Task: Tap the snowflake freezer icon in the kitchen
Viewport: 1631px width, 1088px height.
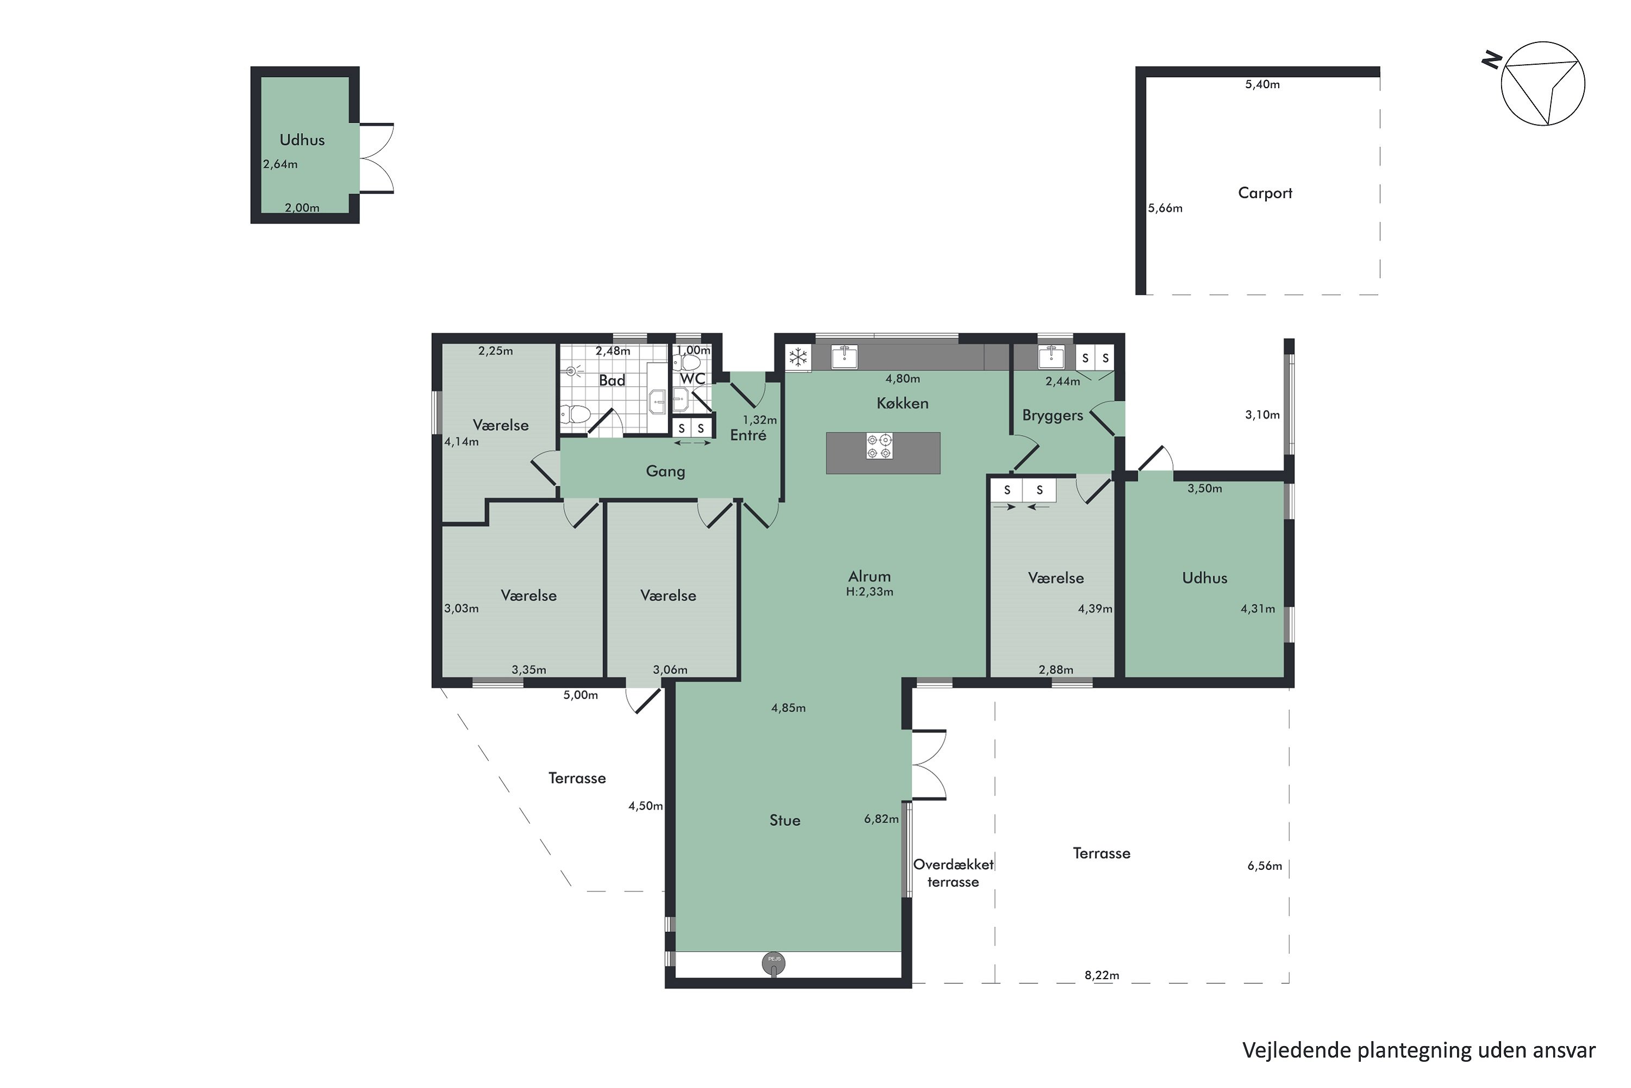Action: [798, 358]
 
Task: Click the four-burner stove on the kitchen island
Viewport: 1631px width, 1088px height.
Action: [879, 446]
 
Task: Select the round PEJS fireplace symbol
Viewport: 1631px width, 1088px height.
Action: [774, 963]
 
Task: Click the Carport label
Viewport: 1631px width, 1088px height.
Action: [1265, 193]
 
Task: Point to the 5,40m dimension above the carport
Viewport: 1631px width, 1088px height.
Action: [1262, 85]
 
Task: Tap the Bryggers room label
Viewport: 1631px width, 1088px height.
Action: [1052, 416]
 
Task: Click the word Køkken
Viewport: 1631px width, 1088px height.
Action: [902, 403]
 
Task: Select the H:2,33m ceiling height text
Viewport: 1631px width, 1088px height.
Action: [869, 592]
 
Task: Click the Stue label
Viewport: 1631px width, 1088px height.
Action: [785, 820]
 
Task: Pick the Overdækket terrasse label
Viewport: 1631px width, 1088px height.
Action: [954, 873]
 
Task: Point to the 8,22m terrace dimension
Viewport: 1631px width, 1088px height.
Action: [1102, 975]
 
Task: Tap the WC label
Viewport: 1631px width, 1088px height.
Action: [692, 379]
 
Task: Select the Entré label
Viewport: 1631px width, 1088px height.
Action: [748, 435]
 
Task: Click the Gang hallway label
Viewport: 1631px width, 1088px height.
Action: [665, 471]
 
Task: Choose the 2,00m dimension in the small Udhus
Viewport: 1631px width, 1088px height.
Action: [302, 207]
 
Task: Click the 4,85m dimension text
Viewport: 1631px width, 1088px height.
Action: [788, 708]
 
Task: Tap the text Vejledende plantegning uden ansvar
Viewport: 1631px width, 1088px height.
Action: [1419, 1050]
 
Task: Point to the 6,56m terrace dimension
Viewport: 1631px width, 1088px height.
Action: [1265, 866]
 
